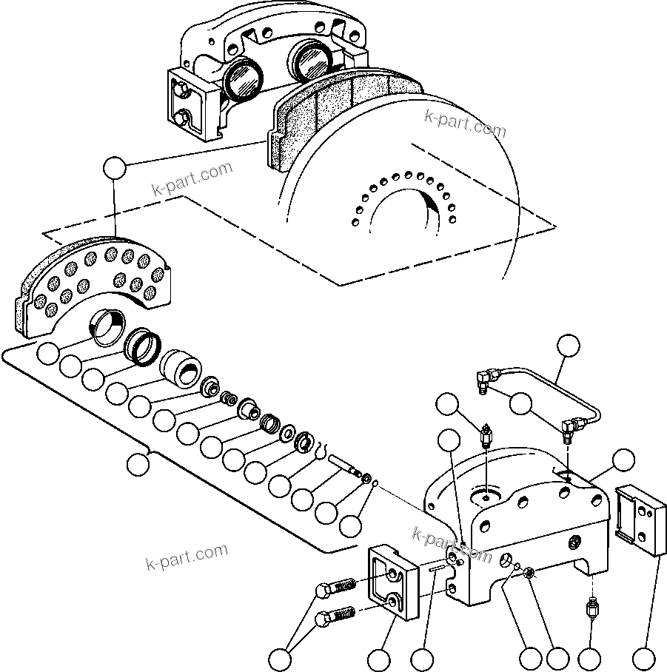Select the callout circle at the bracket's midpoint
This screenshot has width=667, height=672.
pyautogui.click(x=136, y=465)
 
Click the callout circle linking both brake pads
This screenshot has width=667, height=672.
pyautogui.click(x=114, y=168)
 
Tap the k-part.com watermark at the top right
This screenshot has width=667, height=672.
pyautogui.click(x=465, y=124)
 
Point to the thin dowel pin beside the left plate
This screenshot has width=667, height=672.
pyautogui.click(x=436, y=568)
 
